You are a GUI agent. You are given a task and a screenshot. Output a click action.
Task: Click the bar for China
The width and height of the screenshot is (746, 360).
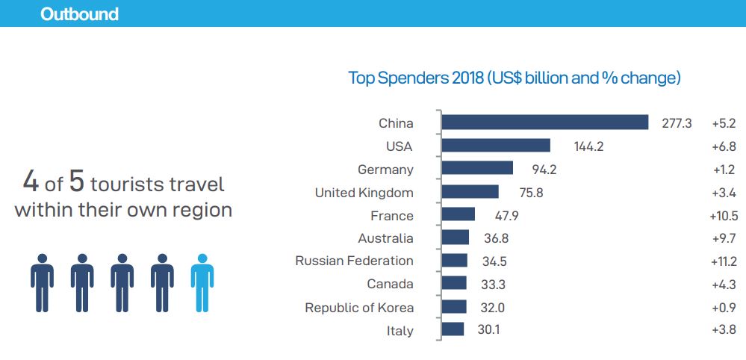(544, 122)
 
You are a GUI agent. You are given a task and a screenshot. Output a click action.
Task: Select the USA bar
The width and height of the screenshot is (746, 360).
(496, 146)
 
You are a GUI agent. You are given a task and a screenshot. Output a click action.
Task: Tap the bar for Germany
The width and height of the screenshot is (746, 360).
(477, 169)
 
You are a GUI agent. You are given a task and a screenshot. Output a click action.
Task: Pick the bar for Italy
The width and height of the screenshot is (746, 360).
(453, 329)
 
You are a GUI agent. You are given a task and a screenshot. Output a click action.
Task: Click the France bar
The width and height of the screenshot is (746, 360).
(459, 215)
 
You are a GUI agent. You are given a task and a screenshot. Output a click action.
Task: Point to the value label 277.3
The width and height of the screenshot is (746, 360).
(677, 123)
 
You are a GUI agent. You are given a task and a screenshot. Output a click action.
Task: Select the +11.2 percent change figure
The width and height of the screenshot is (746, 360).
(724, 261)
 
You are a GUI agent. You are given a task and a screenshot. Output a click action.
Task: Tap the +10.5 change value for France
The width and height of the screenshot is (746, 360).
(724, 216)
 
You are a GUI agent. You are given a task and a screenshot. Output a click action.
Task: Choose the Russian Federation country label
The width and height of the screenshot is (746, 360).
(354, 261)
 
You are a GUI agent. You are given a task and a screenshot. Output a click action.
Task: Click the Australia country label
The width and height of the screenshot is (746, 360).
(385, 238)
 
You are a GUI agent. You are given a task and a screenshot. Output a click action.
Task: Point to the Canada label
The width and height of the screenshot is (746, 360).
(390, 284)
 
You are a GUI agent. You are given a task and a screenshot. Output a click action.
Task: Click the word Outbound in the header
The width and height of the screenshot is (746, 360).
(79, 14)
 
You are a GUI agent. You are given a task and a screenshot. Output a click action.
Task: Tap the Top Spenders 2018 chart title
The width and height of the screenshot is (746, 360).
(515, 78)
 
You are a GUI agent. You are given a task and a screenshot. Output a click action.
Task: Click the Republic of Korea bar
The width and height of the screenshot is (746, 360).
(454, 307)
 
